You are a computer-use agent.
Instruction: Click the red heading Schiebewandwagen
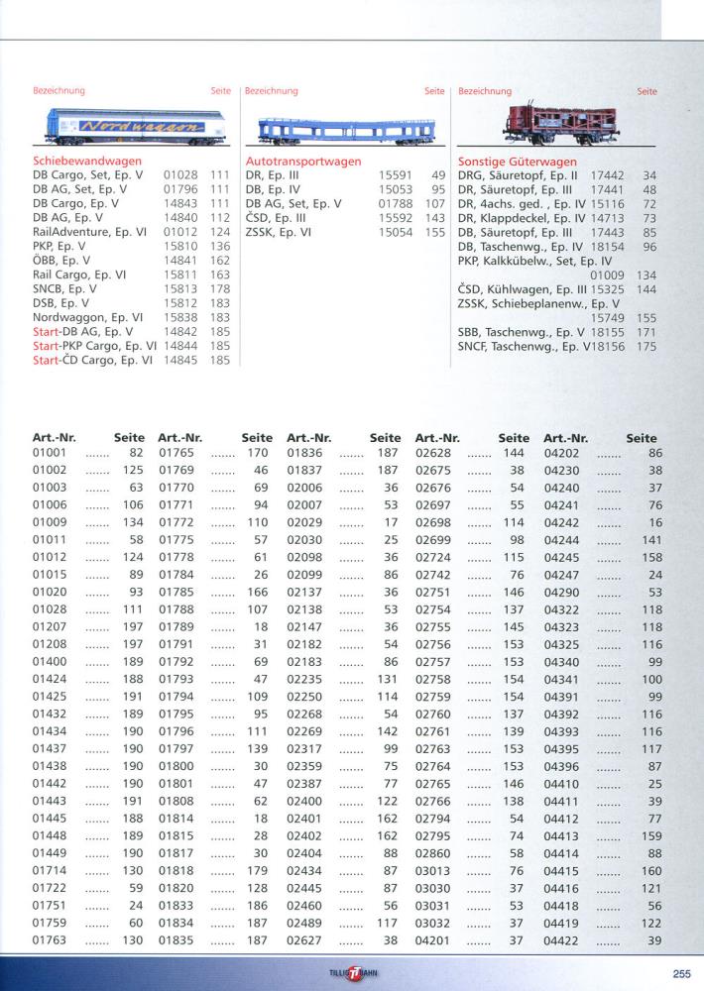tap(87, 160)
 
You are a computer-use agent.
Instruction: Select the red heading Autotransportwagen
tap(303, 160)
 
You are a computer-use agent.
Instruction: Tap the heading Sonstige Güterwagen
tap(517, 160)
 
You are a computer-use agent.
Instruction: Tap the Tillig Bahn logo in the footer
tap(352, 971)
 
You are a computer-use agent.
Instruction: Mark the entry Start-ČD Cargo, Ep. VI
tap(93, 361)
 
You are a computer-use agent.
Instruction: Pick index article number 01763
tap(50, 939)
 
